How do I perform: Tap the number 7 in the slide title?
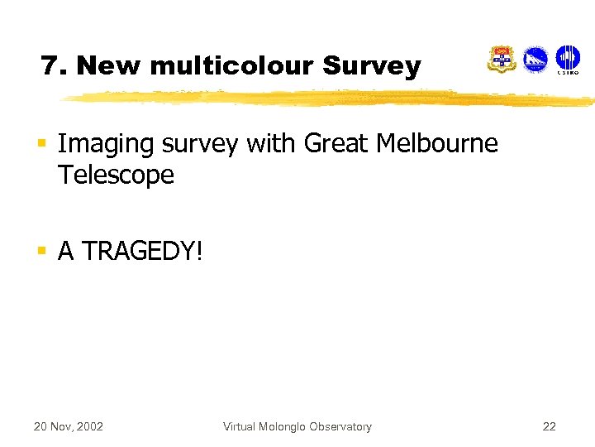(x=50, y=65)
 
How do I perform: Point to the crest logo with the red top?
(x=501, y=60)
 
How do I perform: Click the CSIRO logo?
(x=567, y=60)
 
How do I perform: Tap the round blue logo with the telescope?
(x=535, y=60)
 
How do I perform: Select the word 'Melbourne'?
(x=437, y=144)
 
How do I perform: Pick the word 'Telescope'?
(x=116, y=175)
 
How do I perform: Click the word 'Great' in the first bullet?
(x=336, y=144)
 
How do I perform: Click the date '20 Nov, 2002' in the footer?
(x=68, y=427)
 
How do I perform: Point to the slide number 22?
(x=549, y=427)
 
